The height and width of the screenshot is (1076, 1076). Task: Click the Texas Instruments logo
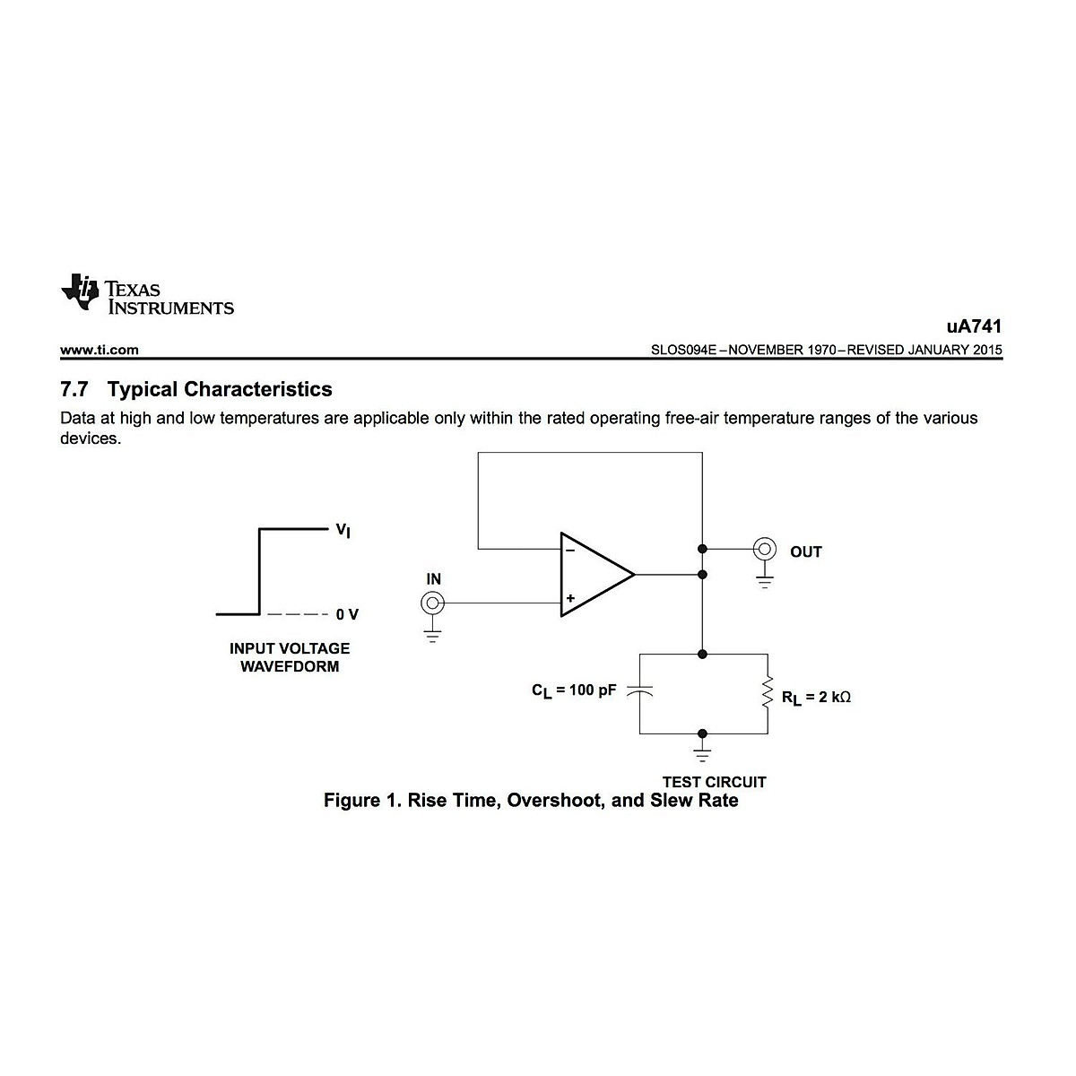[x=147, y=292]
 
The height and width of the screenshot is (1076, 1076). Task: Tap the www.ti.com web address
[x=100, y=350]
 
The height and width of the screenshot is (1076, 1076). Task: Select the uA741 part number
[x=974, y=326]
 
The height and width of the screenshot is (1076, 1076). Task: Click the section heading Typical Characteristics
[x=219, y=389]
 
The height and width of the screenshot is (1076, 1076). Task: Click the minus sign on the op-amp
[x=569, y=550]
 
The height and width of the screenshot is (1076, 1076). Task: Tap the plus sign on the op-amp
[x=569, y=598]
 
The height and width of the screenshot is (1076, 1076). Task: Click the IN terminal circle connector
[x=432, y=603]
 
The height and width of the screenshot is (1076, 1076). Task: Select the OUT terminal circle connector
[x=764, y=548]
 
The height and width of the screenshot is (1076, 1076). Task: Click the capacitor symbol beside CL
[x=639, y=692]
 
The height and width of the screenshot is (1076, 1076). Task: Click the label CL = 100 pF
[x=574, y=691]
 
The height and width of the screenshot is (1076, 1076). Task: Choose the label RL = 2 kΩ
[x=815, y=697]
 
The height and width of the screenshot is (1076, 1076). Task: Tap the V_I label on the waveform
[x=343, y=531]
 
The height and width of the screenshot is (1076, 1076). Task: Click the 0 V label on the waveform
[x=347, y=614]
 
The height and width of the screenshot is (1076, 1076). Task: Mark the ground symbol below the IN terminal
[x=432, y=638]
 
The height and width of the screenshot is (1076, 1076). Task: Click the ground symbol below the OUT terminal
[x=764, y=581]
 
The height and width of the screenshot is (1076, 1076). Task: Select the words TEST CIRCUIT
[x=714, y=781]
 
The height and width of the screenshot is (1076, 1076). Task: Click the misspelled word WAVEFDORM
[x=290, y=666]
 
